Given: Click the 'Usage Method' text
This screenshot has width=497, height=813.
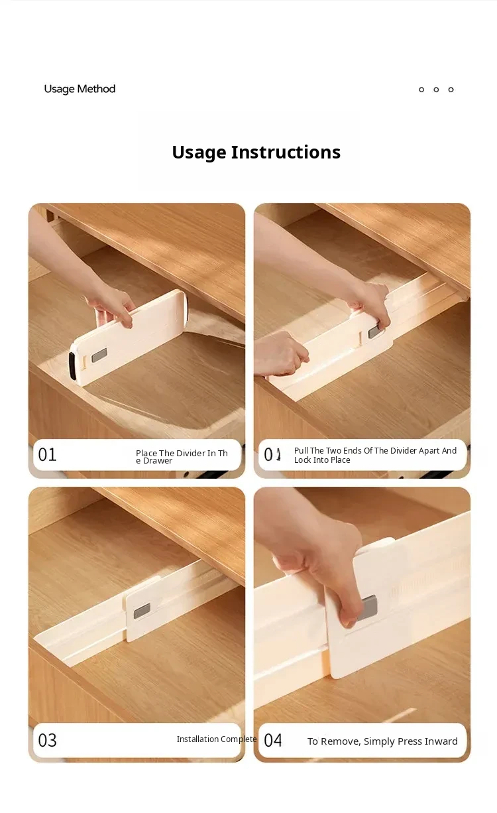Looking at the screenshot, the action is (x=80, y=89).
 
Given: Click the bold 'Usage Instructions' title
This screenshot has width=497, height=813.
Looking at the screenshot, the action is (x=256, y=152).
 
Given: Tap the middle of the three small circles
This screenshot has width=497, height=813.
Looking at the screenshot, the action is (x=436, y=90).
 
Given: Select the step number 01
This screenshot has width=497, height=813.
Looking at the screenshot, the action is (x=47, y=454).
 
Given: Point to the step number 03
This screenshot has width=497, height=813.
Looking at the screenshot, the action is (x=47, y=741).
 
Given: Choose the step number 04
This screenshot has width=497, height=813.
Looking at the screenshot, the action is (x=273, y=741).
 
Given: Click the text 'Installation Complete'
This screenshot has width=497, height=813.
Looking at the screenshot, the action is (x=217, y=739).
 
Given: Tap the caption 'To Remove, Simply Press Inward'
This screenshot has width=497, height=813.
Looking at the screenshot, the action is (x=382, y=741).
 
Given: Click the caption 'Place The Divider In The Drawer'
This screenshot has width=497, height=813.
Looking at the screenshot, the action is (x=182, y=457).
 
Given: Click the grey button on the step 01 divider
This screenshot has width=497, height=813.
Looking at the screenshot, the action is (x=99, y=355).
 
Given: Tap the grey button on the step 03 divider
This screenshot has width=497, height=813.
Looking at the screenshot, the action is (x=142, y=611).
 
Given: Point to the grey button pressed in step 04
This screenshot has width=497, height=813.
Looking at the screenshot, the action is (x=367, y=608).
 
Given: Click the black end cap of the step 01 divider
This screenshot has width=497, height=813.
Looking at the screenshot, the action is (x=72, y=366).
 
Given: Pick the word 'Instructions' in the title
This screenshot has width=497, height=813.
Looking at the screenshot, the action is (x=286, y=152).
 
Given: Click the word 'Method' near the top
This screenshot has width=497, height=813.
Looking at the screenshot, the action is (x=96, y=89).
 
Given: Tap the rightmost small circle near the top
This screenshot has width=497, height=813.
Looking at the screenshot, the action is (x=451, y=90).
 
